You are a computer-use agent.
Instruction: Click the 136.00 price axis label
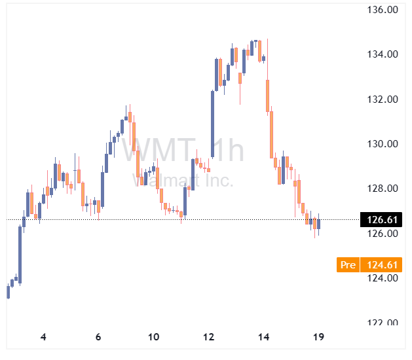(x=383, y=10)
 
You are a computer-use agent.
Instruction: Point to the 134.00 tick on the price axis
(x=383, y=54)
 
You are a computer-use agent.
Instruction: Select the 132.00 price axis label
(x=383, y=99)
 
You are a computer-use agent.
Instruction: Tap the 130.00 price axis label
(x=383, y=144)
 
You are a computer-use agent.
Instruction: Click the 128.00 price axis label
(x=383, y=189)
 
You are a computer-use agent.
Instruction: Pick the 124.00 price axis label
(x=383, y=278)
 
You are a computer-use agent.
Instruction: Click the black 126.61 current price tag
(x=383, y=220)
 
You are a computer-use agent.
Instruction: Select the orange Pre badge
(x=348, y=265)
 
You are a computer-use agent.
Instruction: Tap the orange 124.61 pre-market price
(x=383, y=265)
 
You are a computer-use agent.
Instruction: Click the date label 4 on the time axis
(x=43, y=337)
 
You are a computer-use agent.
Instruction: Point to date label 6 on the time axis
(x=98, y=337)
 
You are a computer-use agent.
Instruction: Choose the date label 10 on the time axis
(x=153, y=337)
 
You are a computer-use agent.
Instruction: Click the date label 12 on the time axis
(x=209, y=337)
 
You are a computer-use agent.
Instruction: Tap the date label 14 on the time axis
(x=264, y=337)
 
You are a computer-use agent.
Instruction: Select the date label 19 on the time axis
(x=319, y=337)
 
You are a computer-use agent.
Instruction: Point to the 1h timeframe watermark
(x=223, y=151)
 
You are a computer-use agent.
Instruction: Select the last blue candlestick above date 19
(x=318, y=225)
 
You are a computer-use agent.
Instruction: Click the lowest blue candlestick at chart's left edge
(x=8, y=292)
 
